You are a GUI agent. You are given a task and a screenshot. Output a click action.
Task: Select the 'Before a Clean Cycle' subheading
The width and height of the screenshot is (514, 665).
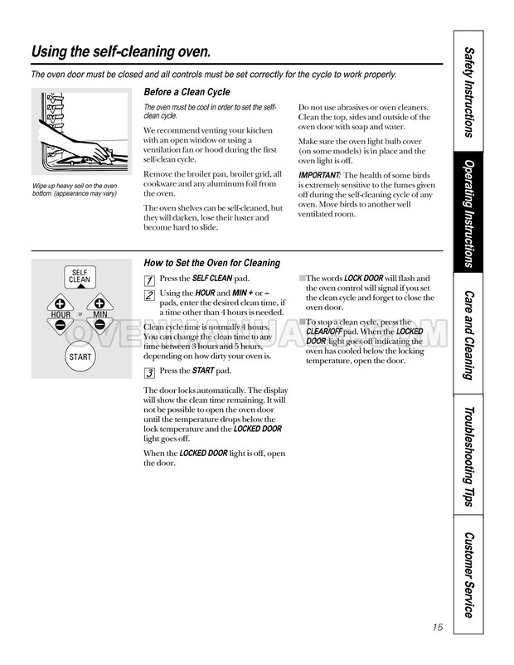[x=187, y=92]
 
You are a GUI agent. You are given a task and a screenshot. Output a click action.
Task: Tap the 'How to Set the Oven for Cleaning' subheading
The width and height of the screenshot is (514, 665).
[x=211, y=263]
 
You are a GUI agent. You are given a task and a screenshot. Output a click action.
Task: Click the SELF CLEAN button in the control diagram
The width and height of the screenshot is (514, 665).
[x=80, y=276]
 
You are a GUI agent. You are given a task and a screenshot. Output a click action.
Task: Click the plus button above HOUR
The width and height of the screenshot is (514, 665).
[x=61, y=303]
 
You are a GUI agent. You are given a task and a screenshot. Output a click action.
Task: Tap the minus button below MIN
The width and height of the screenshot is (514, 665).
[x=99, y=326]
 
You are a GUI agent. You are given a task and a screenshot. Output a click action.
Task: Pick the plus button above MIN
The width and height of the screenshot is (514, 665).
[x=99, y=303]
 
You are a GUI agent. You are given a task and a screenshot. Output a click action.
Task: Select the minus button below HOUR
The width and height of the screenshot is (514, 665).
[x=61, y=326]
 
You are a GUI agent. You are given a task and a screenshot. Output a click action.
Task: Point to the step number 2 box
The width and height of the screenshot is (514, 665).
[x=149, y=295]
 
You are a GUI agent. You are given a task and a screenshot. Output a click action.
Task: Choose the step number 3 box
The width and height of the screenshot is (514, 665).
[x=149, y=371]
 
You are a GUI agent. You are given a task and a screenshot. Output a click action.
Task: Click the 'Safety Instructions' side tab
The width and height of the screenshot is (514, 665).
[x=470, y=91]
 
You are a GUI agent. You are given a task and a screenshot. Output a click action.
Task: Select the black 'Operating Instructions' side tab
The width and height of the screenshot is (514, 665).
[x=470, y=213]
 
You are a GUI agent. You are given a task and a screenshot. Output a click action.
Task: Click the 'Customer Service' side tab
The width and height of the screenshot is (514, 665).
[x=470, y=574]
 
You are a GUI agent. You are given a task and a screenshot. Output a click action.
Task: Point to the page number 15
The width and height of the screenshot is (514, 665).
[x=438, y=627]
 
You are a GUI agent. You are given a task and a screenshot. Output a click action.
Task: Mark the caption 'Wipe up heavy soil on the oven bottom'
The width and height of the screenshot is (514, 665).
[x=75, y=189]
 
